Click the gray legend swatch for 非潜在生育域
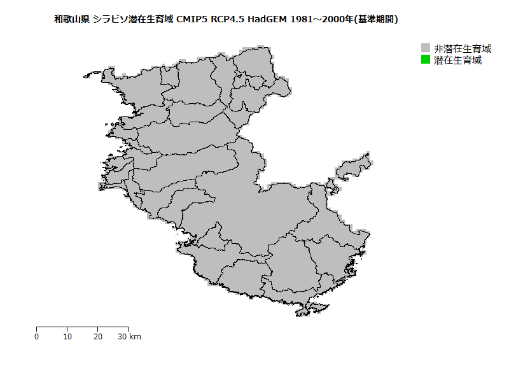[426, 48]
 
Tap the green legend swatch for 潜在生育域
[426, 60]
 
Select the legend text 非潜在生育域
[463, 48]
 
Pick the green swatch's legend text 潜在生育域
[457, 60]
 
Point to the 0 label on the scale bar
[36, 337]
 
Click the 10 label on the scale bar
[67, 337]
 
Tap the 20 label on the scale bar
[98, 337]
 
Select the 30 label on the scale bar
[123, 337]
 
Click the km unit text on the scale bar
[136, 337]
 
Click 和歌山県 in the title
[72, 20]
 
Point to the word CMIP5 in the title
[192, 20]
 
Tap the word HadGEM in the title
[268, 20]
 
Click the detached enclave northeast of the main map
[353, 167]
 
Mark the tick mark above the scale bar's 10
[67, 329]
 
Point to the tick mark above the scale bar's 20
[98, 329]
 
